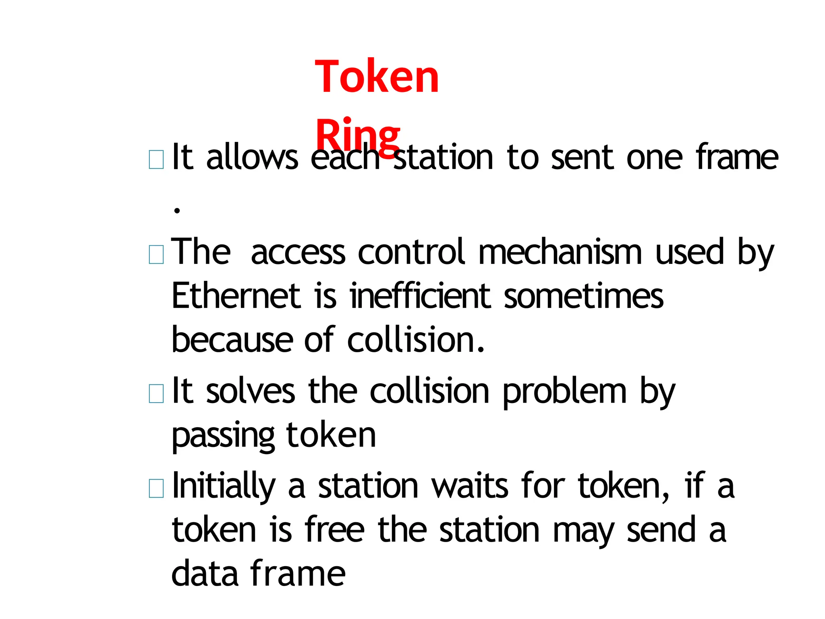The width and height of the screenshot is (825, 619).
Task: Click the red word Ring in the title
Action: point(358,136)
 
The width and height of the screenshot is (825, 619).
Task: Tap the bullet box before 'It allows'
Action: point(156,160)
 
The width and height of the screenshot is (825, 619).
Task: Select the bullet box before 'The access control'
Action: point(156,255)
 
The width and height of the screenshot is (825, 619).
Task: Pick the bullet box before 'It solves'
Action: point(156,394)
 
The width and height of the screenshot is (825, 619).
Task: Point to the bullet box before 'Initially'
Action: point(156,489)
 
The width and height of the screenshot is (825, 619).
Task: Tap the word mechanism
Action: point(560,253)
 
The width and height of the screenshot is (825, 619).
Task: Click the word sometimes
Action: point(583,297)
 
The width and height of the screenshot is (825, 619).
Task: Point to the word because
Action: point(232,340)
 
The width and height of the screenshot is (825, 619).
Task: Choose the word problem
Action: point(564,392)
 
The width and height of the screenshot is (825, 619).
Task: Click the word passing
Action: point(223,436)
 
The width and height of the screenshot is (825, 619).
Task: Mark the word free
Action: point(334,530)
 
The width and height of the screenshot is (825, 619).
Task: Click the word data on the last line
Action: point(204,574)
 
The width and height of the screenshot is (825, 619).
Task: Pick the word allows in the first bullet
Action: point(252,158)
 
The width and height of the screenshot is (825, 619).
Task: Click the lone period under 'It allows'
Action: point(176,210)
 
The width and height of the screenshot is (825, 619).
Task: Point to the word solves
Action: point(251,392)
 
